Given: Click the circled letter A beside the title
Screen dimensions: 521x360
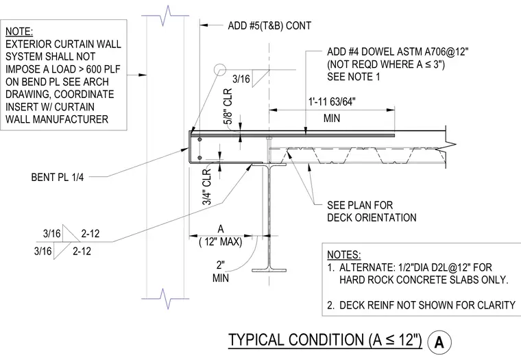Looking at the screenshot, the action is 439,342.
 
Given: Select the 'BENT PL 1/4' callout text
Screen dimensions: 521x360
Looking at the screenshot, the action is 58,177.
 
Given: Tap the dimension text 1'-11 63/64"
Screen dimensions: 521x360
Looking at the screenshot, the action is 332,101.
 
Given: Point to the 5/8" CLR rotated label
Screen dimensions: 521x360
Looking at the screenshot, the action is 228,106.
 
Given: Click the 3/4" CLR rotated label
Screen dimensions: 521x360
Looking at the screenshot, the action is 206,187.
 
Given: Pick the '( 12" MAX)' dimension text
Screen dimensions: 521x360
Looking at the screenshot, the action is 221,241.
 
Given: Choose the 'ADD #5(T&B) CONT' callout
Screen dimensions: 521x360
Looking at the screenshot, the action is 269,25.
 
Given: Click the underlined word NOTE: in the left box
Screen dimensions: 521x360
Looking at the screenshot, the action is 19,32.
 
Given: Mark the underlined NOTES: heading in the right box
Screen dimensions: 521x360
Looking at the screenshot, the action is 344,254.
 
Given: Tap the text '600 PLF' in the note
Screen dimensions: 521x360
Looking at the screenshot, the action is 103,69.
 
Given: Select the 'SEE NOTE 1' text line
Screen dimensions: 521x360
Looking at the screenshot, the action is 354,77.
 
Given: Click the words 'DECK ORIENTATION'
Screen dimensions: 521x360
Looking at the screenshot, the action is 372,217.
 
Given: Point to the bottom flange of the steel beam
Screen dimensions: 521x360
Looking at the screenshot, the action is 269,270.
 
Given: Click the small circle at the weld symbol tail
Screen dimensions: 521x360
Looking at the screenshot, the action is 220,70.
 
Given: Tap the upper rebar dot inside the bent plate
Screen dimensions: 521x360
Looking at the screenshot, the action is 199,139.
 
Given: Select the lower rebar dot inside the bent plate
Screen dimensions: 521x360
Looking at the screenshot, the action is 199,158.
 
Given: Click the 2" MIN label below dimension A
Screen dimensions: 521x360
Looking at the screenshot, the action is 220,272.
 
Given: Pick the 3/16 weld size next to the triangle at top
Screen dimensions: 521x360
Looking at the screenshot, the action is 241,79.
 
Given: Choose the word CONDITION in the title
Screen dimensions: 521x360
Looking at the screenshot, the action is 326,339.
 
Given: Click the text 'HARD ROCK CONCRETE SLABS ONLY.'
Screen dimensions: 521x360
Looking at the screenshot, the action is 424,280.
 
